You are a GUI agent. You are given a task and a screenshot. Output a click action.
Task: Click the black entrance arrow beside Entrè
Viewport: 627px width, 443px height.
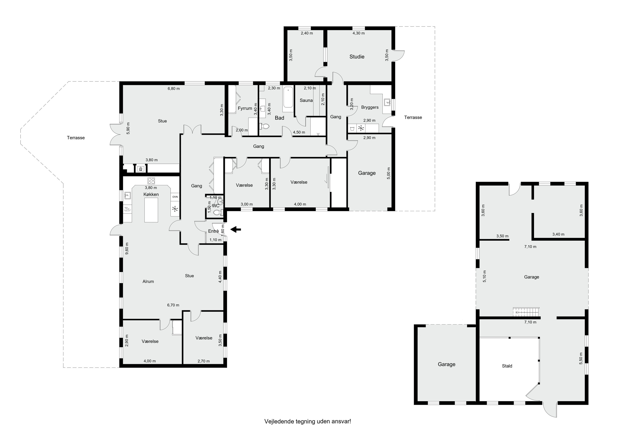click(236, 230)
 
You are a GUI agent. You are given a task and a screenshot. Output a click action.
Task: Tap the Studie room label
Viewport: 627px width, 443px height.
click(357, 57)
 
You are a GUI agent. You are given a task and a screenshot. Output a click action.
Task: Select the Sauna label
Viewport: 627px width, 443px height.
click(306, 100)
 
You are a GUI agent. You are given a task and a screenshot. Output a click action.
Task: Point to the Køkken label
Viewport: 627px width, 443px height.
click(151, 194)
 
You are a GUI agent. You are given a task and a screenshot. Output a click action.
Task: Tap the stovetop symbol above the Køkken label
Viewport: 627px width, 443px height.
click(151, 180)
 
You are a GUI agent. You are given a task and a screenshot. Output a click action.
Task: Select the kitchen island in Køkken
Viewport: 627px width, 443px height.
click(151, 210)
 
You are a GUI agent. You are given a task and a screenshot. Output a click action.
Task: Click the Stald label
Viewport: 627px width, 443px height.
click(507, 366)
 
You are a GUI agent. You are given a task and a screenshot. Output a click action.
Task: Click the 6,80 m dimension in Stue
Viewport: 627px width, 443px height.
click(174, 88)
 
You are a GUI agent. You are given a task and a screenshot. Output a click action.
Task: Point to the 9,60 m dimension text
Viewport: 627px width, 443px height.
click(127, 249)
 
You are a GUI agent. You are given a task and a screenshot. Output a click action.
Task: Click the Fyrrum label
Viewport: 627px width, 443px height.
click(245, 108)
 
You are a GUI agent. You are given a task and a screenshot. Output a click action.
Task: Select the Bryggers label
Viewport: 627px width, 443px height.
click(370, 107)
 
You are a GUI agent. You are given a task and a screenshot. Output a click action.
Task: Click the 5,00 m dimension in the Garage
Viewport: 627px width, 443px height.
click(389, 173)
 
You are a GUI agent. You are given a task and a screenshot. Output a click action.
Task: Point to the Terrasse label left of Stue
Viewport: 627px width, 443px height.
click(76, 138)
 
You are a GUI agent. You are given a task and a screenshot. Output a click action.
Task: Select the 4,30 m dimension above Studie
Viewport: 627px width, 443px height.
click(359, 33)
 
